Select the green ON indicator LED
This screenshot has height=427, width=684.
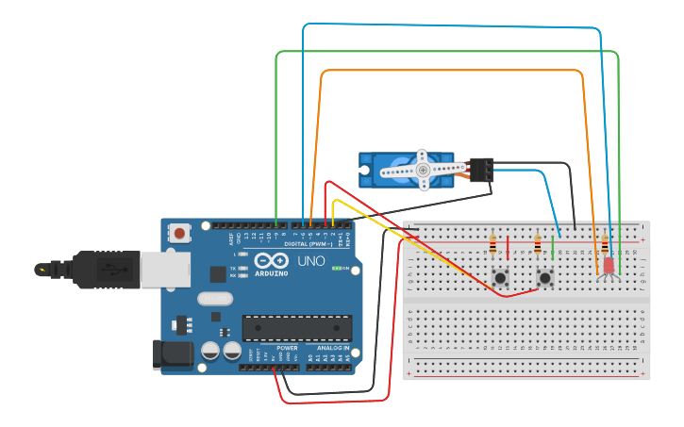pos(335,269)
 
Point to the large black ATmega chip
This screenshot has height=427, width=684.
pos(297,328)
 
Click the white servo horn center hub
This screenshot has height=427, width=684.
pos(423,170)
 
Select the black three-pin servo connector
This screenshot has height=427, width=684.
pos(481,170)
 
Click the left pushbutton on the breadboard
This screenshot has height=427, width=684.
pos(499,278)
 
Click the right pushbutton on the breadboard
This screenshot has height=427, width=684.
pos(544,278)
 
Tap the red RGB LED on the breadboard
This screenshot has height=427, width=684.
pos(608,267)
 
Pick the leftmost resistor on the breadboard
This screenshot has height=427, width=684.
pos(492,246)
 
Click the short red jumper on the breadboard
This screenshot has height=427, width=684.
pos(509,247)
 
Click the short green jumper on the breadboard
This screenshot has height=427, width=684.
pos(553,247)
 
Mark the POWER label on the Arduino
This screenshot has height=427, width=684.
pos(287,348)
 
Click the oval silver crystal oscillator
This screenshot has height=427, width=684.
pos(214,299)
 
